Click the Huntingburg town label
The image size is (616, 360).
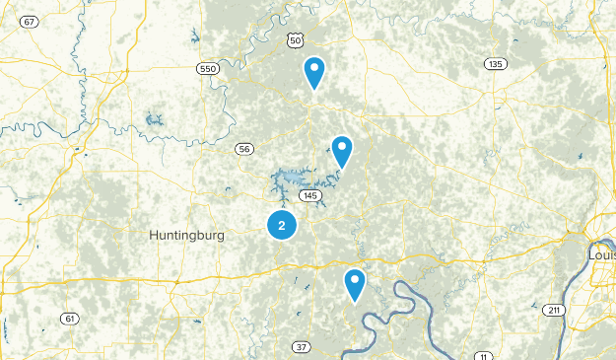coord(187,236)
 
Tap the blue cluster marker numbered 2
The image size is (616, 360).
coord(282,226)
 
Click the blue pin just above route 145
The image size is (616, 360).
coord(341,152)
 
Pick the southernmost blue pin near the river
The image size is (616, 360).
coord(355,285)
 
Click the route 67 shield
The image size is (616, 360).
coord(33,22)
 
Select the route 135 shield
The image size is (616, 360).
coord(495,64)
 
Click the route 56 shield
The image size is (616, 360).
coord(244,149)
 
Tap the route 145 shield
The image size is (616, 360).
coord(310,197)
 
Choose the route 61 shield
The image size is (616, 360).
coord(68,318)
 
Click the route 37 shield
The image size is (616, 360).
coord(300,346)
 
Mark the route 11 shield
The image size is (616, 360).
coord(482,355)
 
